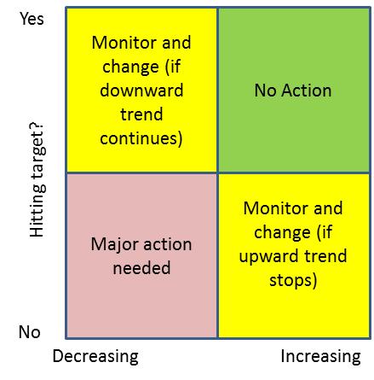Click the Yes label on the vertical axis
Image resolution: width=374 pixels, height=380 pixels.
click(x=32, y=19)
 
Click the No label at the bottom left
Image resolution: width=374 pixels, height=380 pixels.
click(x=29, y=332)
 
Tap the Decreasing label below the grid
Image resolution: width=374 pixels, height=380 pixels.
click(x=95, y=357)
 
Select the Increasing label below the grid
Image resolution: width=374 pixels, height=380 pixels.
click(x=320, y=357)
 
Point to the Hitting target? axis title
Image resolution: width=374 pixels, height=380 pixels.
click(x=37, y=180)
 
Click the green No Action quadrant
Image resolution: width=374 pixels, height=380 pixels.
click(x=294, y=90)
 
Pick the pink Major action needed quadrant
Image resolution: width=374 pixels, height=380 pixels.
click(x=141, y=255)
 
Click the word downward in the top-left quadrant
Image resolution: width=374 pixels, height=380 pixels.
click(x=141, y=91)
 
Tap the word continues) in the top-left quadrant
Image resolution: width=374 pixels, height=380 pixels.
click(x=141, y=138)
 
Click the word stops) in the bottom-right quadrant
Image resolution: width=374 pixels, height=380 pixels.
click(x=293, y=280)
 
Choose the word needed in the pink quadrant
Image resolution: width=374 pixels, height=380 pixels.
click(x=141, y=268)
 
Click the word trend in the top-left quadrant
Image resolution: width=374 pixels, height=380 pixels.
click(x=141, y=114)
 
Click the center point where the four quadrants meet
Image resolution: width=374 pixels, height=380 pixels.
click(x=217, y=172)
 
